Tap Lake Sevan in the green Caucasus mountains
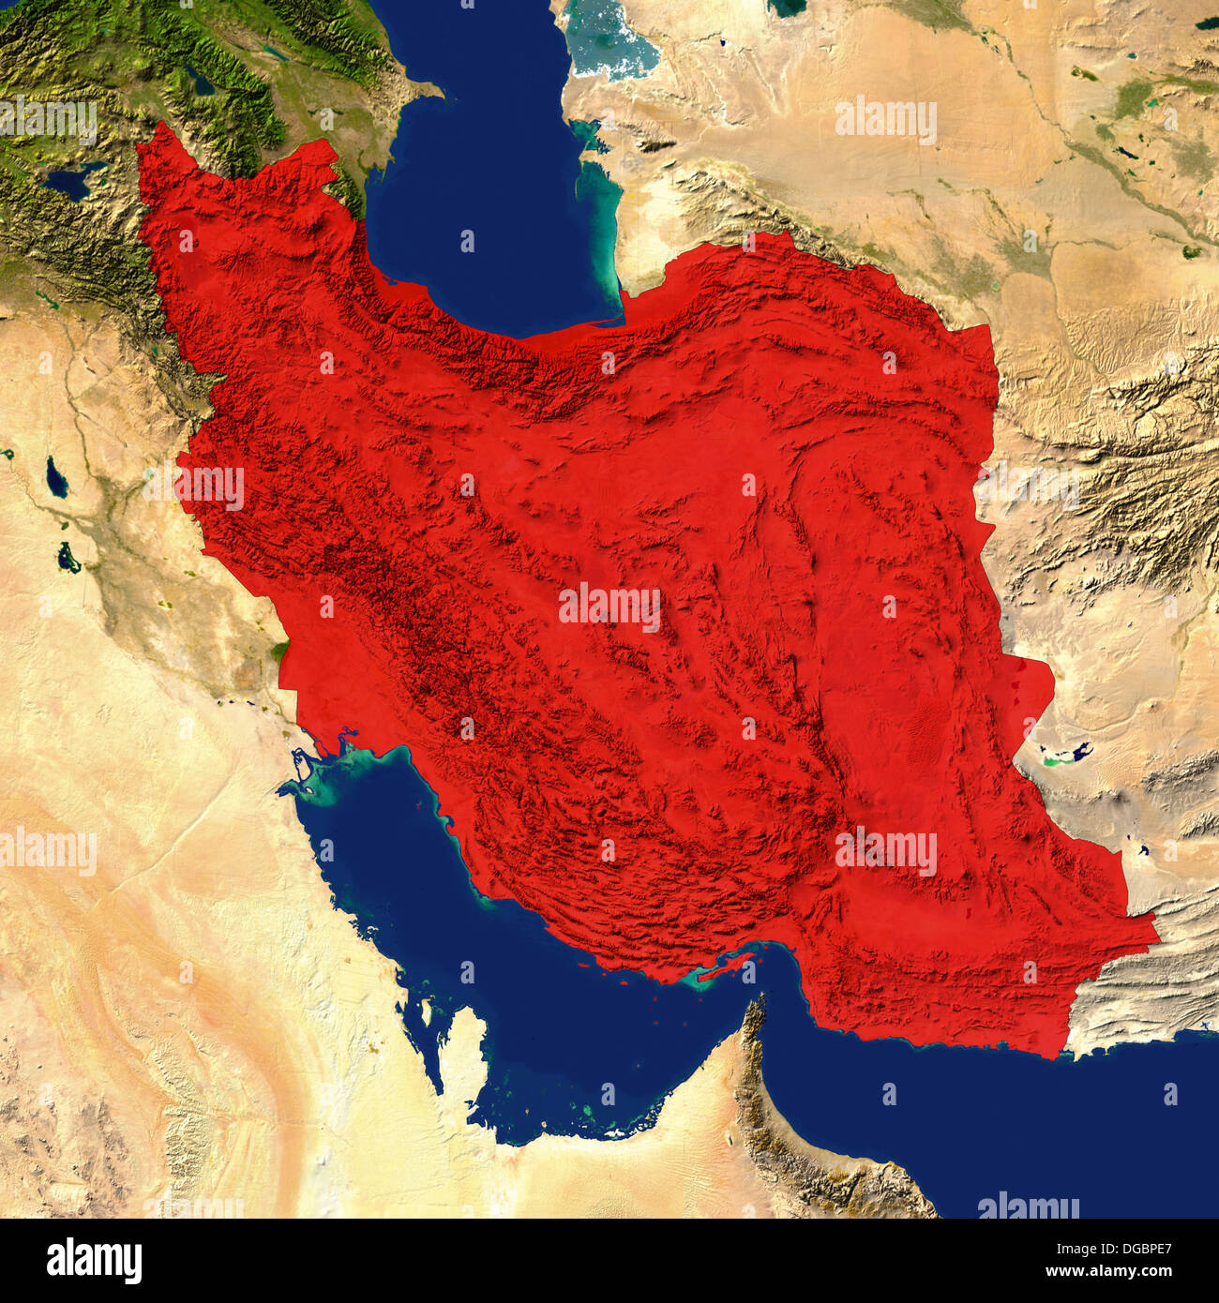point(200,82)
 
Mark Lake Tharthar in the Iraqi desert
point(57,481)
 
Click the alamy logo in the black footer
point(94,1261)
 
